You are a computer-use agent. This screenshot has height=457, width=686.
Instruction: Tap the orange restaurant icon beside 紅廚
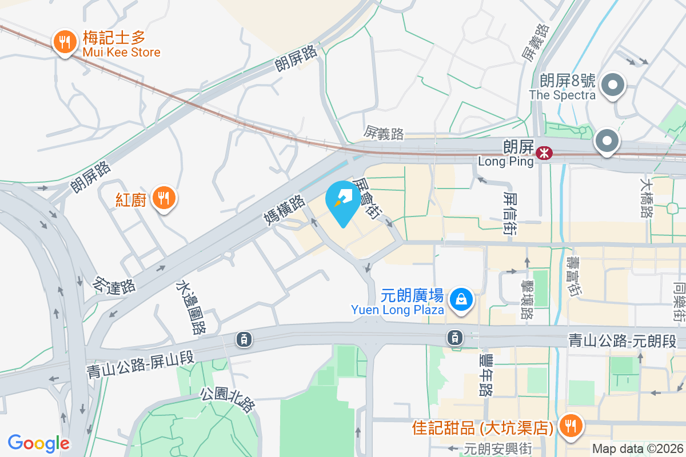(x=165, y=199)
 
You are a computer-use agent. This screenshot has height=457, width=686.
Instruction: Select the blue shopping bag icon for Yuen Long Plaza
(x=461, y=299)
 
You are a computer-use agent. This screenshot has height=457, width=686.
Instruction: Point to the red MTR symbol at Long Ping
(x=543, y=153)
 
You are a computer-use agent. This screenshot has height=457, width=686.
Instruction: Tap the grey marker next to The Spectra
(x=613, y=85)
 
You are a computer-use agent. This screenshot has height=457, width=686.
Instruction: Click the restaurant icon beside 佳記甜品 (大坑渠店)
(x=569, y=426)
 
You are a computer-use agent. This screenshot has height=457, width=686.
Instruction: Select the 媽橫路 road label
(x=284, y=210)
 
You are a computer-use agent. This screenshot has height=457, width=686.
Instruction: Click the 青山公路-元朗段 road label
(x=622, y=342)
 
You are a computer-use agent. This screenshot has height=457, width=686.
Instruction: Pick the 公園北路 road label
(x=228, y=400)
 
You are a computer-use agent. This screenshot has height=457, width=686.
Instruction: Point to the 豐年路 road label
(x=486, y=375)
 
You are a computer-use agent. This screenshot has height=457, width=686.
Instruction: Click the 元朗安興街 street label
(x=498, y=450)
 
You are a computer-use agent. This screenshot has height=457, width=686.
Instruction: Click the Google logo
(x=39, y=443)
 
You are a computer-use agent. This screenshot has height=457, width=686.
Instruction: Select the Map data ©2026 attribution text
(x=637, y=449)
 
